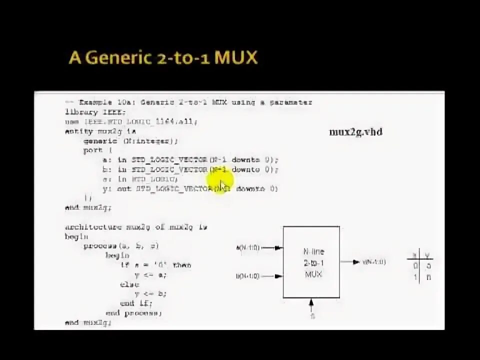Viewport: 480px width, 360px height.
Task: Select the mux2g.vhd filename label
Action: pos(355,132)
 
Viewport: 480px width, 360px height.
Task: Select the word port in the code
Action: pos(93,150)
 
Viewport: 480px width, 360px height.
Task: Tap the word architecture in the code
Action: pos(93,227)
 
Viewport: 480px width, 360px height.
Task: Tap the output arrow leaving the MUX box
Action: pos(349,262)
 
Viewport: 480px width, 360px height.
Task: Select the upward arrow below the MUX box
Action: pos(312,303)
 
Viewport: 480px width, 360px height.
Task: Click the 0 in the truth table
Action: pos(415,267)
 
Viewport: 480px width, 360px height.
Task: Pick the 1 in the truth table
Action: pos(415,277)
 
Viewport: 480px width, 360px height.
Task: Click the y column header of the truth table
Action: pos(428,256)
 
